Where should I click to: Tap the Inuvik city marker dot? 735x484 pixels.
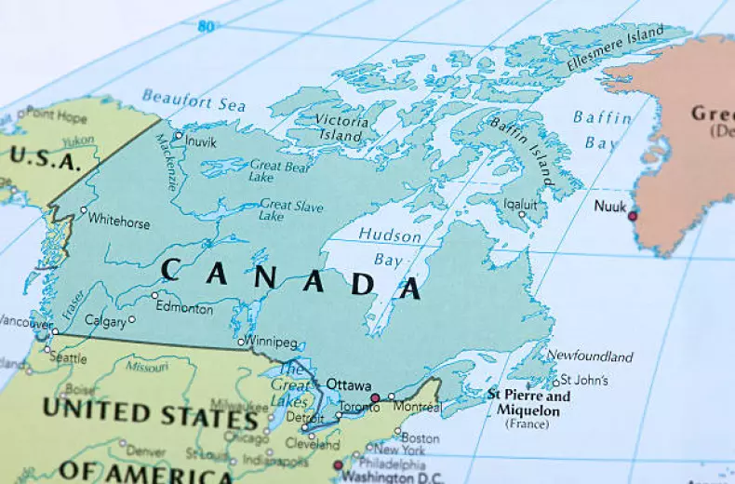pyautogui.click(x=179, y=136)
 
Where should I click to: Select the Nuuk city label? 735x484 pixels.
pyautogui.click(x=610, y=207)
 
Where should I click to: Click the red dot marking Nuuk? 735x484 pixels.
pyautogui.click(x=633, y=216)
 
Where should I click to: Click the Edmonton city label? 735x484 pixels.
pyautogui.click(x=185, y=305)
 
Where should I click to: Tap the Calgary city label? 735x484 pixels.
pyautogui.click(x=105, y=320)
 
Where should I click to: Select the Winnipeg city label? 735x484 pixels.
pyautogui.click(x=273, y=342)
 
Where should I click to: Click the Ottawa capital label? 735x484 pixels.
pyautogui.click(x=348, y=384)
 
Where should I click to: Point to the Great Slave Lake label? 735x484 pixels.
pyautogui.click(x=289, y=210)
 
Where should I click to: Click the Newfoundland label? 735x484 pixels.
pyautogui.click(x=589, y=356)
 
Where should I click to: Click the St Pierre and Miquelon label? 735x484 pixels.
pyautogui.click(x=528, y=402)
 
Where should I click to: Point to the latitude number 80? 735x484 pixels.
pyautogui.click(x=205, y=26)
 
